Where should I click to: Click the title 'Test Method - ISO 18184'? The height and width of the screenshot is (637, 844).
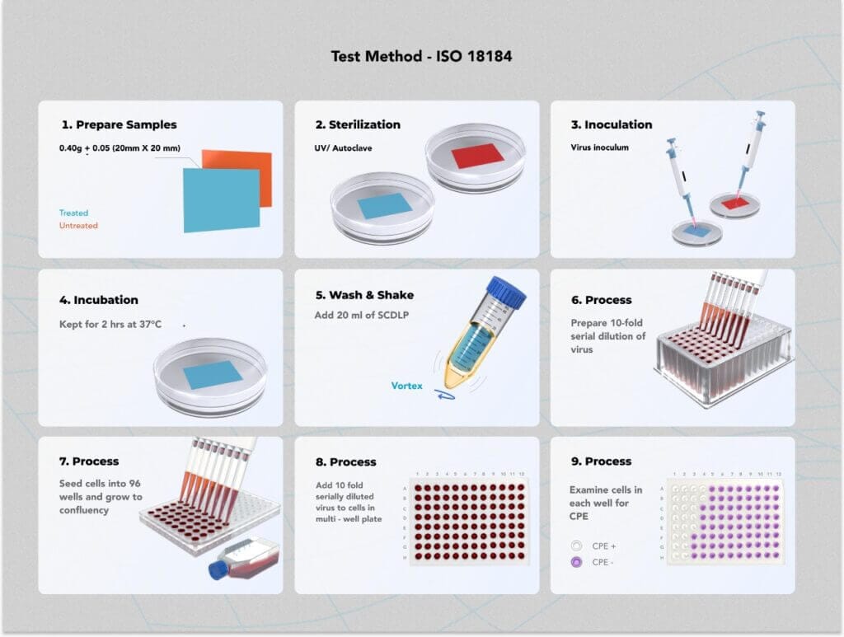coord(422,57)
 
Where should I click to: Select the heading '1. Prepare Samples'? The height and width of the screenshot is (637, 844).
coord(119,125)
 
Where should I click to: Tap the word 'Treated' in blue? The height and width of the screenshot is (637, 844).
coord(73,213)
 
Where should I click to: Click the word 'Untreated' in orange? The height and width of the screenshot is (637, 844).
coord(78,226)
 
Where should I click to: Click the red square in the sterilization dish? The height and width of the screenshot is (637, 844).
coord(476,155)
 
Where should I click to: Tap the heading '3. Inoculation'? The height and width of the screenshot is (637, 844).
coord(611,125)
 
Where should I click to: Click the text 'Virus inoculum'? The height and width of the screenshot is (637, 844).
coord(599,148)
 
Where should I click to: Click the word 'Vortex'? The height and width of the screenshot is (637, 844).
coord(407,386)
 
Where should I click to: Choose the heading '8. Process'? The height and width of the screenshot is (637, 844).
coord(345,462)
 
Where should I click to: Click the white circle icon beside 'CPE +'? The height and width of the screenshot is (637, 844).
coord(576,546)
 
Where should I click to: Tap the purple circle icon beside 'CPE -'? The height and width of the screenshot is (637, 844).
coord(576,562)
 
